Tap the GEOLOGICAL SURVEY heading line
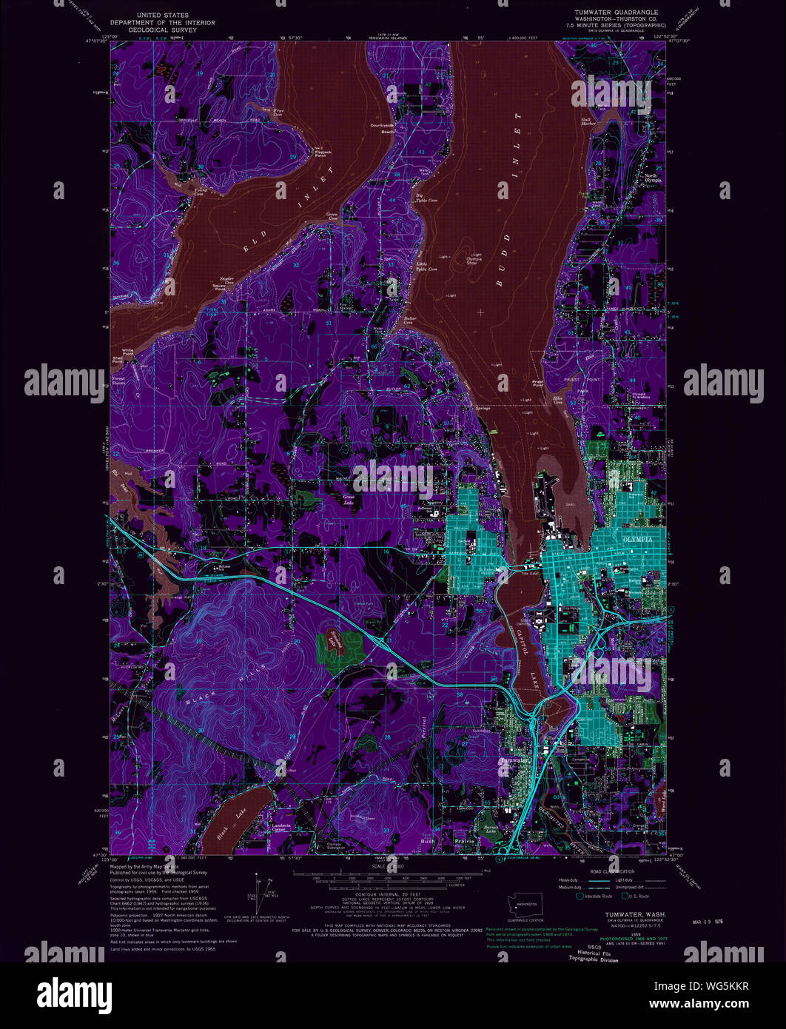tap(163, 30)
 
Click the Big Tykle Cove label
tap(405, 201)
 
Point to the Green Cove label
tap(332, 217)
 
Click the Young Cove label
tap(198, 191)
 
